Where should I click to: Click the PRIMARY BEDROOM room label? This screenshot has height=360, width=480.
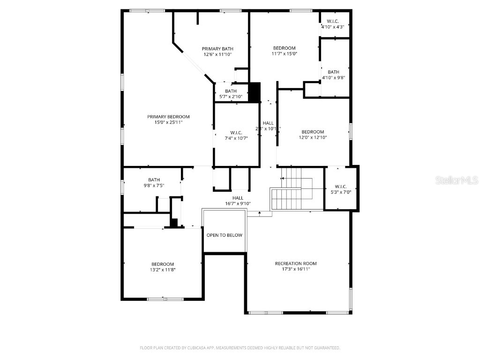[x=168, y=117]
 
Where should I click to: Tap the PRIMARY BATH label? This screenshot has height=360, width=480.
[x=217, y=49]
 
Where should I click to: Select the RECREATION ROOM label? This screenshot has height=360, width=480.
[x=296, y=263]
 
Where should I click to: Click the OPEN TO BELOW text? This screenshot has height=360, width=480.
[x=225, y=235]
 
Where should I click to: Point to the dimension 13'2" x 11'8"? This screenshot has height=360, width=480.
[x=163, y=270]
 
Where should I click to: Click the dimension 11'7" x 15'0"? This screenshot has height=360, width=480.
[x=285, y=53]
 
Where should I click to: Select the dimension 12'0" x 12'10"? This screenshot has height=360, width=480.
[x=313, y=137]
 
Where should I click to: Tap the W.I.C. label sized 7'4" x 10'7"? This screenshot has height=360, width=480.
[x=236, y=132]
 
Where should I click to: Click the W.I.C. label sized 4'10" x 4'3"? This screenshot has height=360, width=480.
[x=333, y=21]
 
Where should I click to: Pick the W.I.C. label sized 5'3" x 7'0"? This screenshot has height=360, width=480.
[x=341, y=186]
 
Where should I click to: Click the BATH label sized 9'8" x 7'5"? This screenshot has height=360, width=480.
[x=154, y=180]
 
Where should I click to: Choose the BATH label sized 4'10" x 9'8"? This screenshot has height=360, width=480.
[x=333, y=72]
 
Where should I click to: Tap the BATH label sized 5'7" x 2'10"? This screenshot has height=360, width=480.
[x=231, y=91]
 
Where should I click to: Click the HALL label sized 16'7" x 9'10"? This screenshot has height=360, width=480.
[x=238, y=198]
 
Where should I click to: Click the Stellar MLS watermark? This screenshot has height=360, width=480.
[x=457, y=180]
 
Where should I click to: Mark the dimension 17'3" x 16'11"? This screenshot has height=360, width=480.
[x=296, y=269]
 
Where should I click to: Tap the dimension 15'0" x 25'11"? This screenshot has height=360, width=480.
[x=168, y=122]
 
